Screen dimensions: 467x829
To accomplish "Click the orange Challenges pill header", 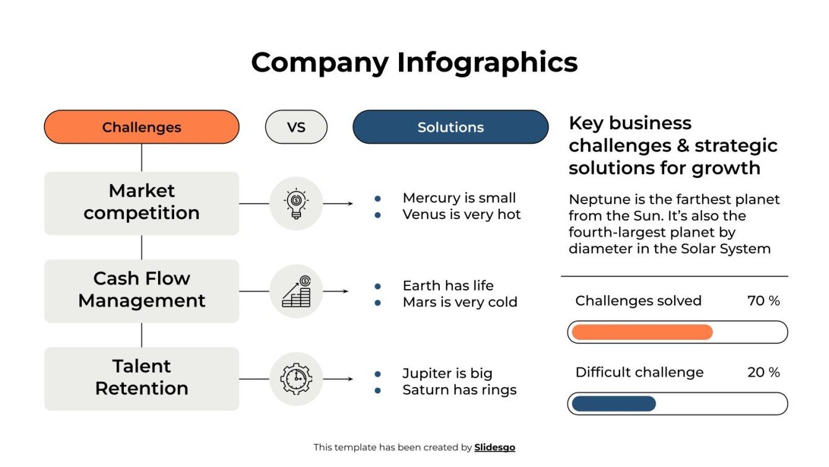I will pyautogui.click(x=141, y=127).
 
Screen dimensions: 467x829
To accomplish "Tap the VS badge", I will pyautogui.click(x=296, y=127).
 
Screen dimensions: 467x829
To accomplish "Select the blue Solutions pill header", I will pyautogui.click(x=450, y=127).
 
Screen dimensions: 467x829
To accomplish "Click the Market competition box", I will pyautogui.click(x=141, y=202).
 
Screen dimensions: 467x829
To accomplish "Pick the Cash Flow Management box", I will pyautogui.click(x=141, y=290).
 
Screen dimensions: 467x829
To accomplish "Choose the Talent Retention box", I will pyautogui.click(x=141, y=378).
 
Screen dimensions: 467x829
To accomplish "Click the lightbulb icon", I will pyautogui.click(x=296, y=203).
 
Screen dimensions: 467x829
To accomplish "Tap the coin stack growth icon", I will pyautogui.click(x=296, y=291).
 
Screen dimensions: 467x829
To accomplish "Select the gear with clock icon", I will pyautogui.click(x=296, y=378).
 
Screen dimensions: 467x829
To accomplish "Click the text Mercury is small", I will pyautogui.click(x=458, y=198).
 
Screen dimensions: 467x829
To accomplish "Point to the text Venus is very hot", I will pyautogui.click(x=462, y=215).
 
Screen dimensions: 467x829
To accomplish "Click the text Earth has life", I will pyautogui.click(x=448, y=286).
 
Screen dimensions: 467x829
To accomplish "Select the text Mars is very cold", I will pyautogui.click(x=460, y=302).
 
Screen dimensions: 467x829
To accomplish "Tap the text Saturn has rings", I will pyautogui.click(x=459, y=390).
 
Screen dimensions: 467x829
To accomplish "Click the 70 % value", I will pyautogui.click(x=763, y=301).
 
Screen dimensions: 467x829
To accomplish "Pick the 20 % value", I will pyautogui.click(x=763, y=372).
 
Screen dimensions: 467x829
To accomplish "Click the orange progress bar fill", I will pyautogui.click(x=642, y=332).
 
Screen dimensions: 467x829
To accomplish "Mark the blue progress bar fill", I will pyautogui.click(x=613, y=404).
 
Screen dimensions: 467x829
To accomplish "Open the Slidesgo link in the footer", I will pyautogui.click(x=494, y=447).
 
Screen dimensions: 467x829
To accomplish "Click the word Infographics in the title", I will pyautogui.click(x=487, y=63).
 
